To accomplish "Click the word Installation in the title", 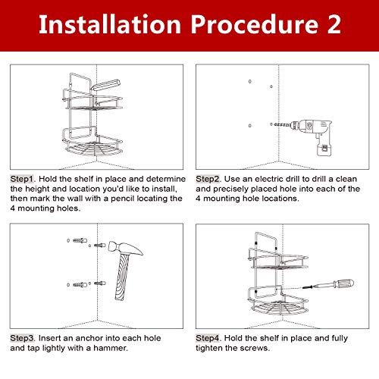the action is click(110, 24).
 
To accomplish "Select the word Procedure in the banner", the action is click(254, 24).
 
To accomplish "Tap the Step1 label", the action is click(22, 179).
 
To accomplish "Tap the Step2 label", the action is click(208, 179).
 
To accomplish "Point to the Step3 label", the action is click(22, 338).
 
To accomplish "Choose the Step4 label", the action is click(208, 338).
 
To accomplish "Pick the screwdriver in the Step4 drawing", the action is click(328, 284).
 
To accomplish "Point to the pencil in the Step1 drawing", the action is click(105, 84).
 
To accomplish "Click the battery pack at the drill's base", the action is click(324, 148).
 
